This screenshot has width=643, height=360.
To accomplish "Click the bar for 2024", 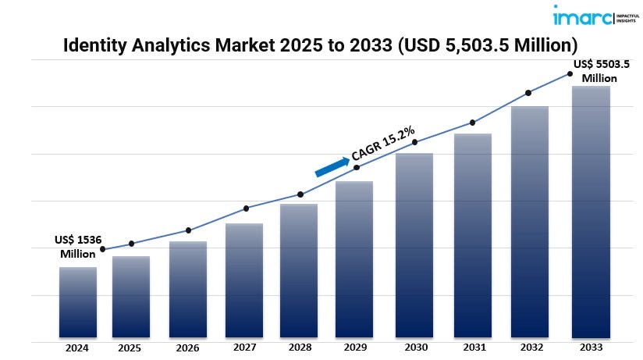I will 78,303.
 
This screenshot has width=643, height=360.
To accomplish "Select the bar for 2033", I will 591,212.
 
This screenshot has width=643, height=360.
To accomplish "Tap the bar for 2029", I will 354,260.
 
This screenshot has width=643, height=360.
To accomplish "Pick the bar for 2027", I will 244,281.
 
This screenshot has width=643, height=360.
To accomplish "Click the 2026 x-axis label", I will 187,348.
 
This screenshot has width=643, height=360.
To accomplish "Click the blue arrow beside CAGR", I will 332,166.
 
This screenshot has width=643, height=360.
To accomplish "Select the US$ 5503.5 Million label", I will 601,70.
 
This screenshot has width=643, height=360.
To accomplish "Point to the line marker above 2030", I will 415,142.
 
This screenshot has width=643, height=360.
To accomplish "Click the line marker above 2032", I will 528,93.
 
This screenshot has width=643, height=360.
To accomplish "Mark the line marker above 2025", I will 131,244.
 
